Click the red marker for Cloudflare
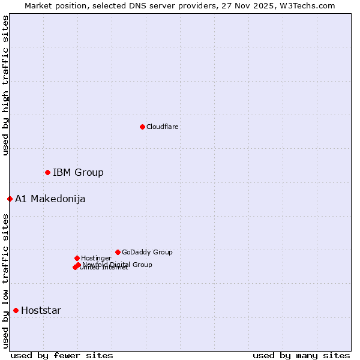pos(142,127)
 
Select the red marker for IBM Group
pos(47,172)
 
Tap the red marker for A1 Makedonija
pos(10,199)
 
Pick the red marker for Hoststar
pos(16,310)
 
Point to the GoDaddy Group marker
pos(118,252)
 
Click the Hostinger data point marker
pos(77,258)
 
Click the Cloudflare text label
pos(163,127)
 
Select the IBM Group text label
pos(78,173)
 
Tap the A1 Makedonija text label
pos(50,199)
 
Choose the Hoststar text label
pos(41,311)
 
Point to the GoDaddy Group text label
pos(147,252)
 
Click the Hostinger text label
pos(96,258)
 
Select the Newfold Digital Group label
pos(118,264)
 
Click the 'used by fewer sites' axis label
pos(62,355)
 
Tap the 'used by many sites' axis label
pos(301,355)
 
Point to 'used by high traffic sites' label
pos(5,85)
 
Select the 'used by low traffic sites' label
pos(5,281)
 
